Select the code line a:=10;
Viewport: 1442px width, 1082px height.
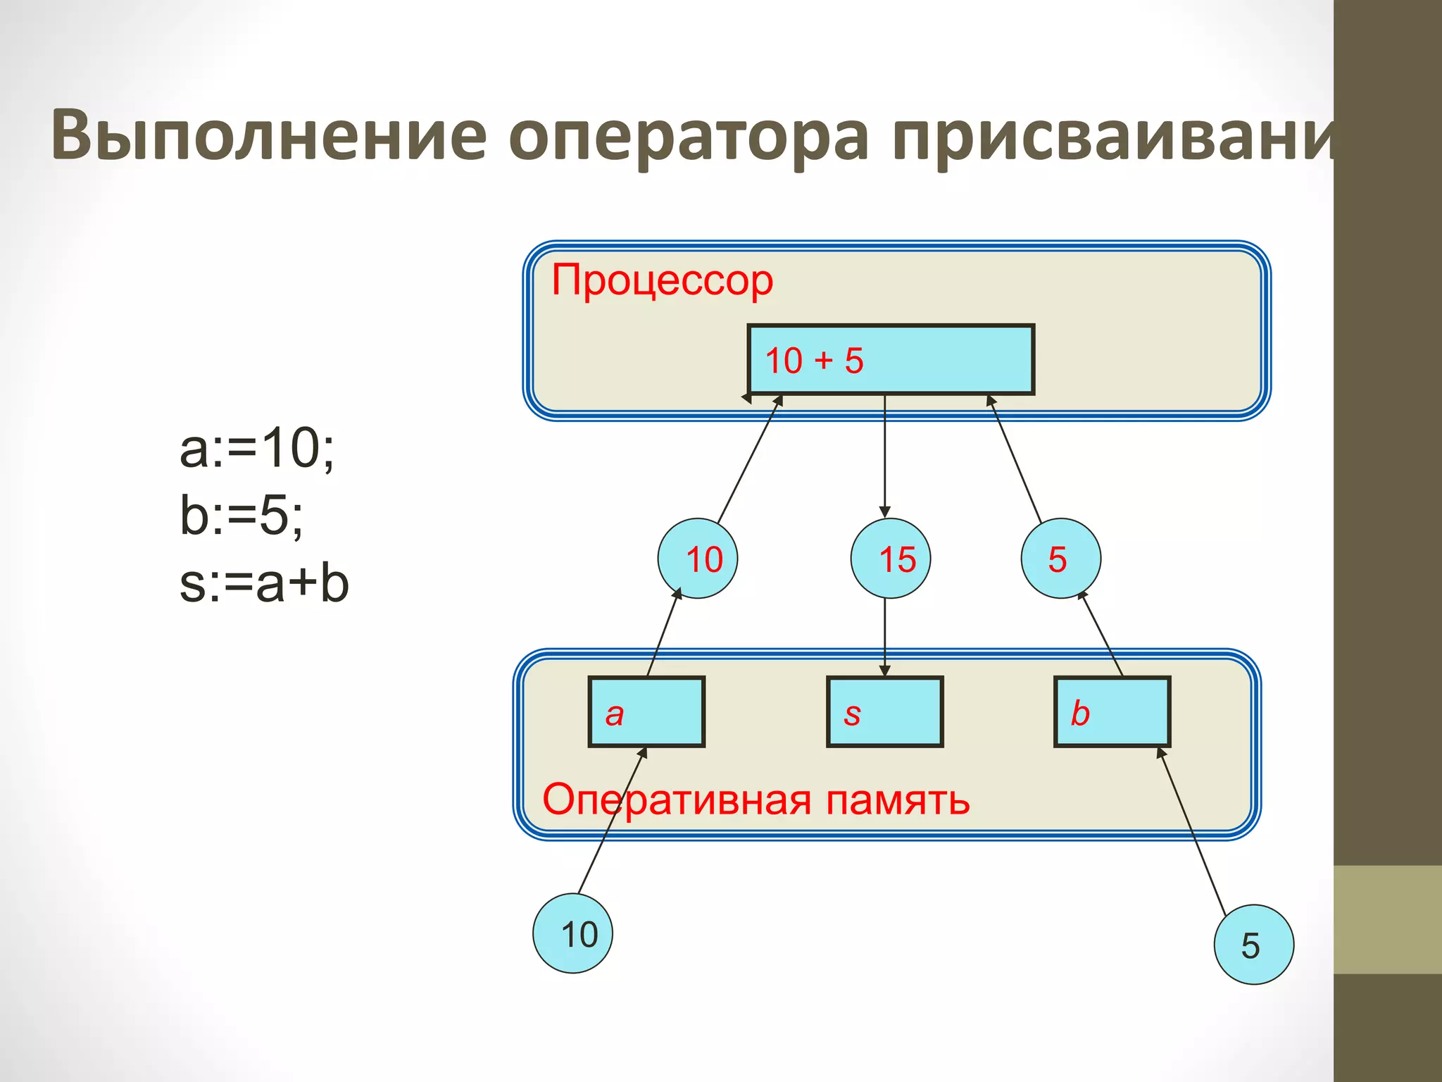coord(257,449)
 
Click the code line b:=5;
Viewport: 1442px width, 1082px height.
coord(242,516)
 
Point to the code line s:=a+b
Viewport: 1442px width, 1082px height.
coord(264,583)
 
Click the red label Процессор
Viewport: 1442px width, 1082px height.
coord(662,280)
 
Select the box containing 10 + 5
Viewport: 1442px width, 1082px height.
coord(891,360)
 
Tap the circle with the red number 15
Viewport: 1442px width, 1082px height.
coord(890,559)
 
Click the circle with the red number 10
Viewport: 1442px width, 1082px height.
coord(698,559)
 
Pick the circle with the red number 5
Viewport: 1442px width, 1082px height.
coord(1060,559)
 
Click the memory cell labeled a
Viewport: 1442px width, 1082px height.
coord(646,712)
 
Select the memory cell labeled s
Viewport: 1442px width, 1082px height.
coord(885,712)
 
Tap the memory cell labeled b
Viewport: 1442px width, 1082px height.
coord(1112,712)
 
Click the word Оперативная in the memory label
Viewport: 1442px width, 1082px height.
coord(677,800)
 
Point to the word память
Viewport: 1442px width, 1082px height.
coord(898,800)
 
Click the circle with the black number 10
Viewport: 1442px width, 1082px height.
coord(572,933)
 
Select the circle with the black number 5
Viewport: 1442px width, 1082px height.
coord(1253,945)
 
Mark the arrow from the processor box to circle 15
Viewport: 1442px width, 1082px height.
coord(885,458)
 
